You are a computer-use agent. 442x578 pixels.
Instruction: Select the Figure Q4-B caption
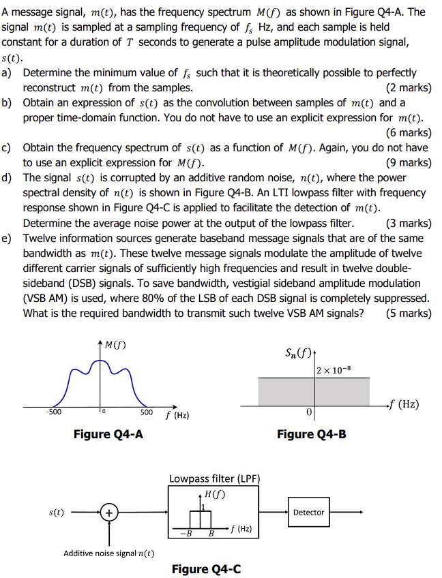pos(311,434)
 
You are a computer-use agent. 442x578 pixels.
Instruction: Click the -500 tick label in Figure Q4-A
pos(53,412)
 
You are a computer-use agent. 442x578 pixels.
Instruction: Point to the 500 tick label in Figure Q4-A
pos(147,412)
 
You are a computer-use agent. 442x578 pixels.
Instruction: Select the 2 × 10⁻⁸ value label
pos(335,369)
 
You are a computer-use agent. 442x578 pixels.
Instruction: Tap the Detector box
pos(308,513)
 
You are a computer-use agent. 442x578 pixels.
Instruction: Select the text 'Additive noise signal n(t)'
pos(108,553)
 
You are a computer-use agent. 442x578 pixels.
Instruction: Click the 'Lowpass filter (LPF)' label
pos(214,478)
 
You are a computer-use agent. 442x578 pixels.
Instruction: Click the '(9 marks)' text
pos(409,162)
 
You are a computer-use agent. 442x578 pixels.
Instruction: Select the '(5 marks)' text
pos(409,313)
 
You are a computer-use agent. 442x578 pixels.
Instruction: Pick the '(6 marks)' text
pos(409,132)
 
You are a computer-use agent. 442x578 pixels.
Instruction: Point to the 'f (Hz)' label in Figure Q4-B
pos(403,404)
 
